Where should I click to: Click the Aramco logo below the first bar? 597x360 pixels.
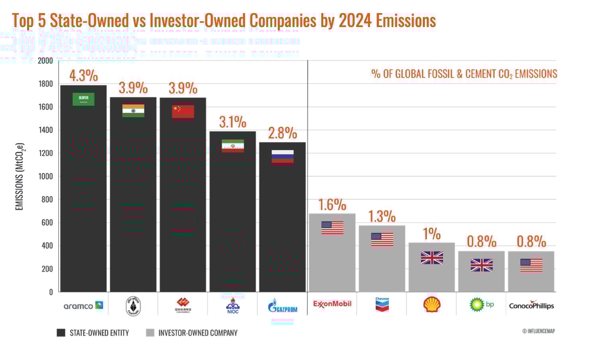[83, 305]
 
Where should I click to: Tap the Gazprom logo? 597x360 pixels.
[283, 306]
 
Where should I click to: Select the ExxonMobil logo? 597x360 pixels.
[332, 304]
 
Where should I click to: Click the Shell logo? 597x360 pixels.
[432, 305]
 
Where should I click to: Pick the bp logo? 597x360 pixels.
[481, 305]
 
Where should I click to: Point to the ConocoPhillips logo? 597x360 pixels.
[531, 305]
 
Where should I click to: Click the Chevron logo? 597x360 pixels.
[382, 305]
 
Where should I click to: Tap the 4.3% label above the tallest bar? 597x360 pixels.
[83, 76]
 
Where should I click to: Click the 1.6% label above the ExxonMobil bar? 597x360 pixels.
[332, 205]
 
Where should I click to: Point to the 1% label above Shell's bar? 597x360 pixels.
[432, 234]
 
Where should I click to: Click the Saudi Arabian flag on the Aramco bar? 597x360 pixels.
[83, 99]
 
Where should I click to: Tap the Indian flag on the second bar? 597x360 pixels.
[133, 111]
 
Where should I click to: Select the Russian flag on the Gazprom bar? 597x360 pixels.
[283, 157]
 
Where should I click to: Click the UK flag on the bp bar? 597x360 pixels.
[481, 265]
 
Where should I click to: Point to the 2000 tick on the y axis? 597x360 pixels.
[45, 61]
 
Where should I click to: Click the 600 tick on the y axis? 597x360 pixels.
[47, 223]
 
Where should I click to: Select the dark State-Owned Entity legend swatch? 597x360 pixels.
[61, 333]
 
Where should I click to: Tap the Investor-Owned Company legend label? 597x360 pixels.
[198, 333]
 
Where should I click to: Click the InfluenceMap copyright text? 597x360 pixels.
[538, 331]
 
